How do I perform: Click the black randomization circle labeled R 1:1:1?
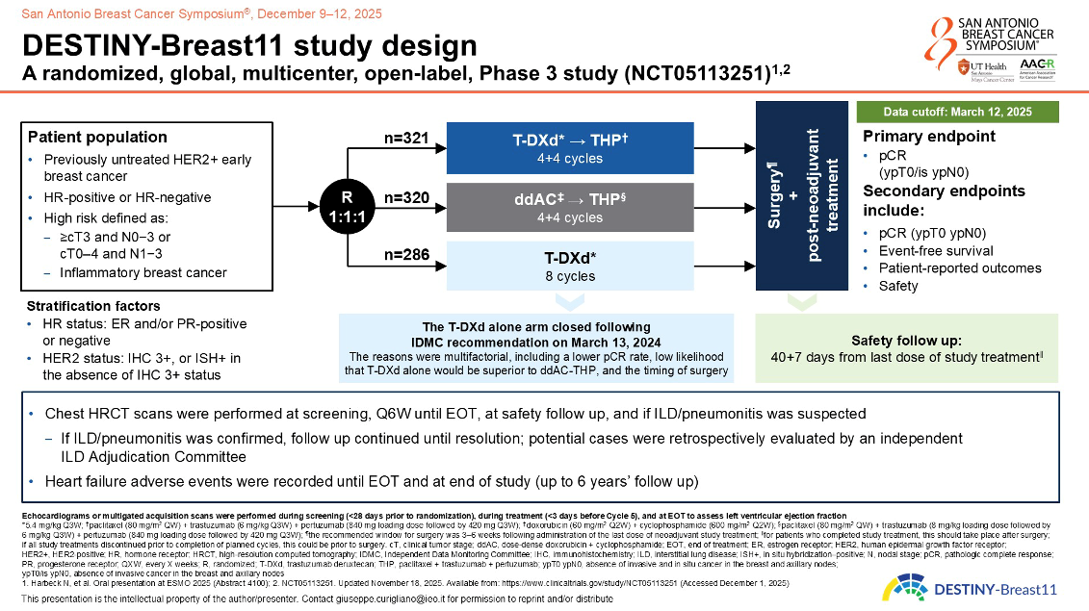pos(344,207)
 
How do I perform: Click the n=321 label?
pos(405,139)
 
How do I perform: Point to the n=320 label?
pos(405,197)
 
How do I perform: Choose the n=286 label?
pos(405,256)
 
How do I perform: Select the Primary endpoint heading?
pos(929,137)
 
